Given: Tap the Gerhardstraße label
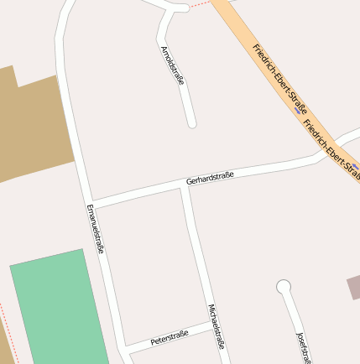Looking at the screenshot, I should pyautogui.click(x=210, y=178).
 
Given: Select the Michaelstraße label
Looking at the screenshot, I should pyautogui.click(x=217, y=325).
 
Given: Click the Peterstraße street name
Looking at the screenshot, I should pyautogui.click(x=170, y=337).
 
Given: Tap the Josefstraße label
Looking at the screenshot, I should pyautogui.click(x=303, y=346).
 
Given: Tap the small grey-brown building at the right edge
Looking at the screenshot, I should pyautogui.click(x=353, y=287).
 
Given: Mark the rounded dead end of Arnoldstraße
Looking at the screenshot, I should pyautogui.click(x=191, y=124).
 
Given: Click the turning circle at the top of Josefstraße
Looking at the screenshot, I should pyautogui.click(x=284, y=287).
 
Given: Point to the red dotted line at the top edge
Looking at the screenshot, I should pyautogui.click(x=200, y=5).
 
